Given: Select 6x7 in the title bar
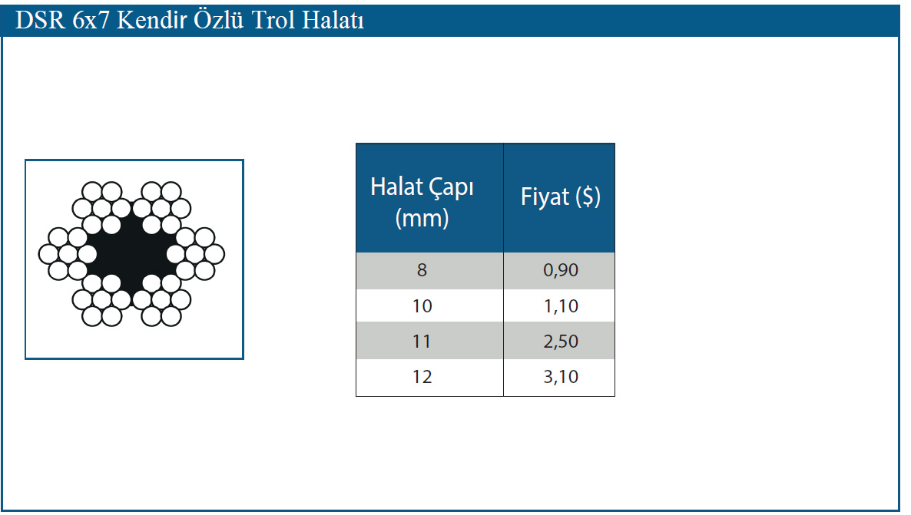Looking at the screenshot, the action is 91,20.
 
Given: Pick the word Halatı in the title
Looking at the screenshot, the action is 333,20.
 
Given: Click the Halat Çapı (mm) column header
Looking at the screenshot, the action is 422,202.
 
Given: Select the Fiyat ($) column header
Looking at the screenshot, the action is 560,196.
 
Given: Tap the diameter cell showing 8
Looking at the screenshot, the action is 422,270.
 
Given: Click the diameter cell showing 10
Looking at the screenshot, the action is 422,306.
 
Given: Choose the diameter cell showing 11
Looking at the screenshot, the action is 422,341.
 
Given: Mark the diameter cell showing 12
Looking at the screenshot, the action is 422,377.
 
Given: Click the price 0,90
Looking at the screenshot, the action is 561,270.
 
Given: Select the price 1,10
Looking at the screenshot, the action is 561,306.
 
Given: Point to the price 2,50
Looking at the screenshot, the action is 561,341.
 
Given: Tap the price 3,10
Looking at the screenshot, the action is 561,377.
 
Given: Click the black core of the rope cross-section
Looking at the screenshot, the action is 131,254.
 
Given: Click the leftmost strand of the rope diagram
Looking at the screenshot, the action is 68,254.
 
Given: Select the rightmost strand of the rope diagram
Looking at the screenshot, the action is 195,254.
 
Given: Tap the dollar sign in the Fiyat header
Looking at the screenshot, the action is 588,196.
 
